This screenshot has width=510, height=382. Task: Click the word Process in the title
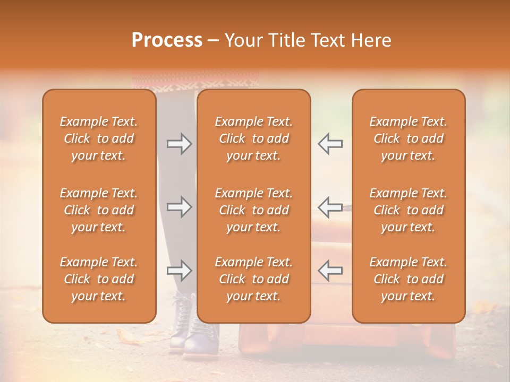click(x=167, y=40)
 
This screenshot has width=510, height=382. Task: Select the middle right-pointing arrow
click(x=179, y=207)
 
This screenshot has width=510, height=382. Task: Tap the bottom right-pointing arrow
click(x=179, y=271)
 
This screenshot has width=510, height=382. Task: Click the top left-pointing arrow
click(x=330, y=143)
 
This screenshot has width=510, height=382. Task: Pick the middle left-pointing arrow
click(x=330, y=207)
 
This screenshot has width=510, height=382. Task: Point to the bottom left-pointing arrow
click(x=330, y=270)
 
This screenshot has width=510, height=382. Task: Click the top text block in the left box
click(x=99, y=138)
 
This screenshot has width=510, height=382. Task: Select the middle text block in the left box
click(x=99, y=210)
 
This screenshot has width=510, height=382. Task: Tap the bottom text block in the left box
click(x=99, y=279)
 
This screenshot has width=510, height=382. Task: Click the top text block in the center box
click(x=253, y=138)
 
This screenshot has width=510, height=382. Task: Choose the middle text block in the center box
click(x=253, y=210)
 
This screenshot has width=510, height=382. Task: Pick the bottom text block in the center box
click(x=253, y=279)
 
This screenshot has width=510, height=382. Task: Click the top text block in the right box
click(x=408, y=138)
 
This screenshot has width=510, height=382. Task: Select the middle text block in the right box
click(x=408, y=210)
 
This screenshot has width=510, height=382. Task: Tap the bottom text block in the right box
click(x=408, y=279)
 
